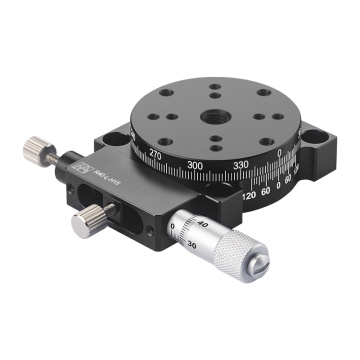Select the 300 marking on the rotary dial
195,164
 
